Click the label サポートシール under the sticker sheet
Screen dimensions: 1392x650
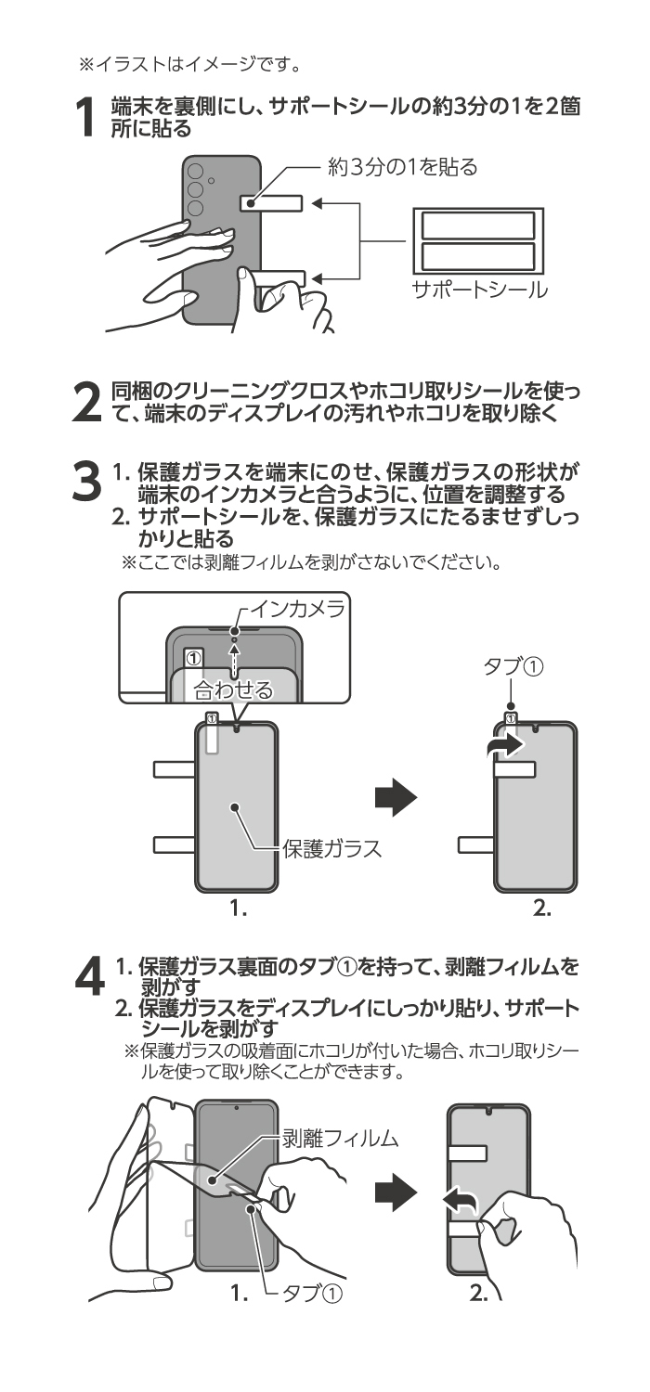(x=479, y=290)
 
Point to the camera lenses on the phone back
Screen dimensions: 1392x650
(x=196, y=189)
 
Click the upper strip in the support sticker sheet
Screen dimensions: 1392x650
(x=478, y=226)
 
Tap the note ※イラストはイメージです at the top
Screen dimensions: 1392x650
(x=181, y=64)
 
